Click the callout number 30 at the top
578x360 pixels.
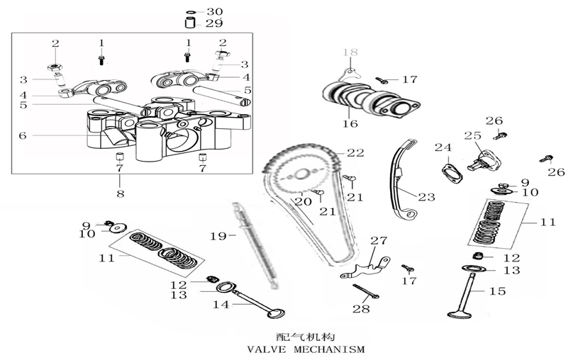(214, 12)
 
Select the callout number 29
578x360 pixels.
(214, 23)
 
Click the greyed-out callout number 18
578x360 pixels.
(352, 52)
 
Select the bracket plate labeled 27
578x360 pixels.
(367, 266)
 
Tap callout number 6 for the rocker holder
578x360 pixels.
(22, 135)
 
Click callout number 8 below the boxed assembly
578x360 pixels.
(119, 193)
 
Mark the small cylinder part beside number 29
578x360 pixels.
(191, 23)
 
